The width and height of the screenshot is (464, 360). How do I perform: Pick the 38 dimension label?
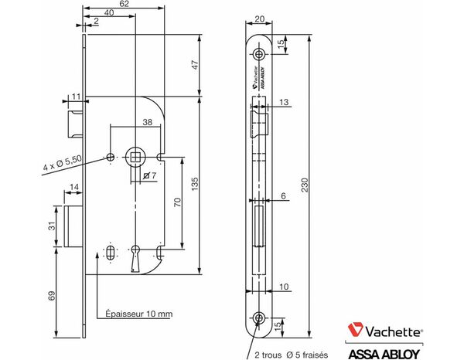point(148,121)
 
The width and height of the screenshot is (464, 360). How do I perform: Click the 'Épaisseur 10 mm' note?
point(138,314)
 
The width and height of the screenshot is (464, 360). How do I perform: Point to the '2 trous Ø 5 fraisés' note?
point(292,355)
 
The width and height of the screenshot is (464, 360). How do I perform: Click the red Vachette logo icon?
point(357,330)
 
